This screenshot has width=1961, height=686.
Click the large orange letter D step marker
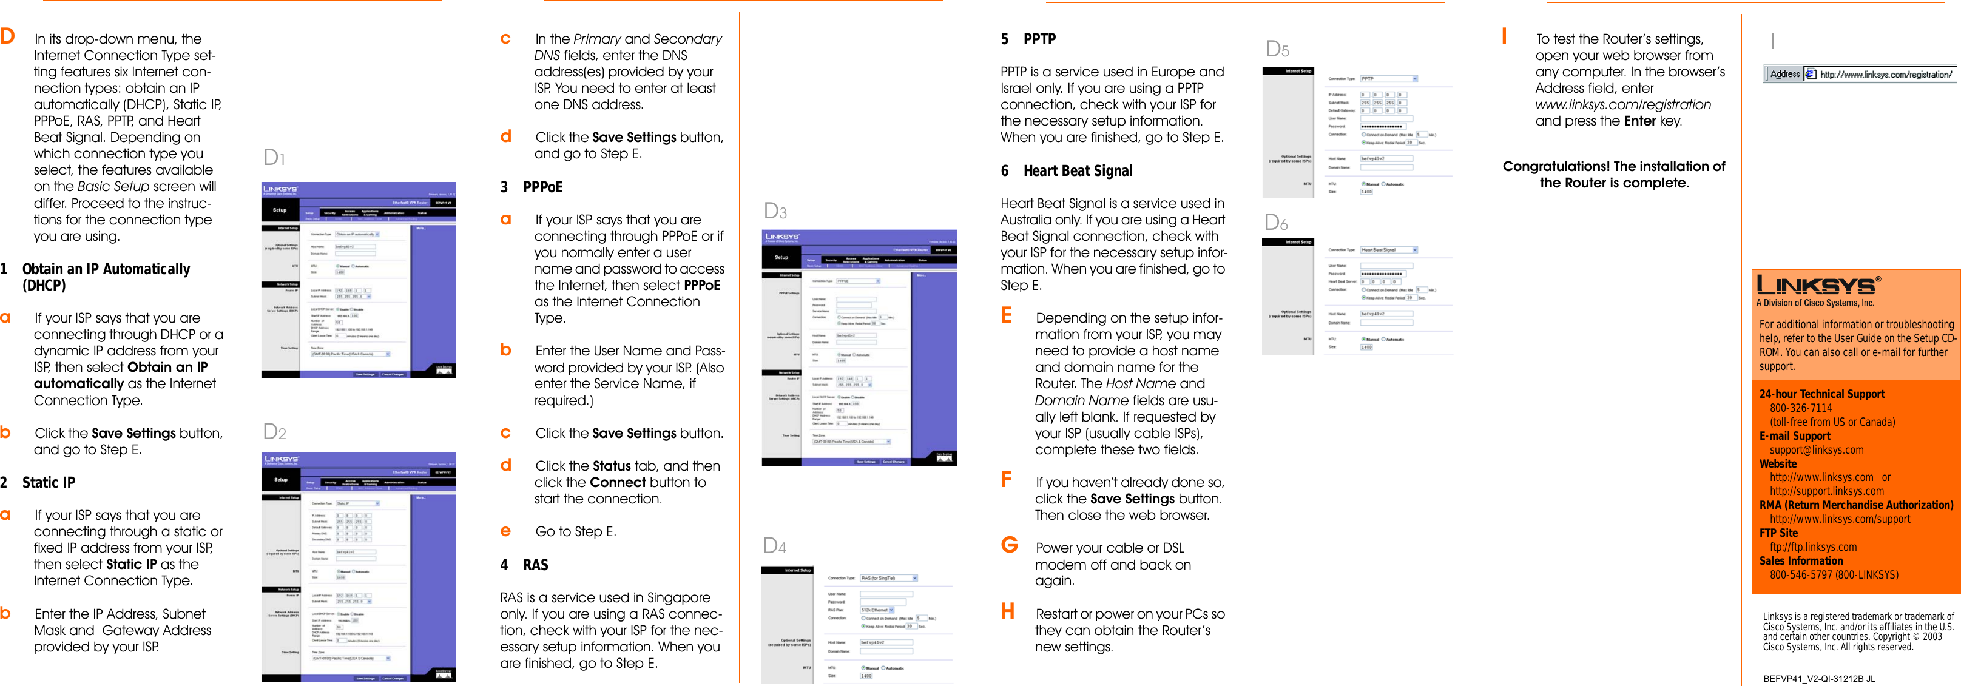click(8, 36)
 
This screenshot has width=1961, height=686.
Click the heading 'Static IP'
click(49, 483)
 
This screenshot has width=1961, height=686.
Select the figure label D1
click(274, 158)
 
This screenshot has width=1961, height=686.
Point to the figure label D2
click(275, 432)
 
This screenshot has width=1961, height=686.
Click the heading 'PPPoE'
click(543, 187)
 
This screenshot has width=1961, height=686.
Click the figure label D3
click(775, 212)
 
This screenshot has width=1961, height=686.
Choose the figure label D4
click(774, 546)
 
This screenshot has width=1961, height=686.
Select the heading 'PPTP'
click(1039, 39)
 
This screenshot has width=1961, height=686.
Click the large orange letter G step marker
click(1010, 545)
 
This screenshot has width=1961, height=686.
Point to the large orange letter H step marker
click(1008, 611)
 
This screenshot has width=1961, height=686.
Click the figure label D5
click(1277, 50)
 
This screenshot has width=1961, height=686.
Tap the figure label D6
click(1277, 223)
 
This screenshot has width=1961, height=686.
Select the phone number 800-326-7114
click(1800, 408)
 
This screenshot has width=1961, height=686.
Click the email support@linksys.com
click(1817, 450)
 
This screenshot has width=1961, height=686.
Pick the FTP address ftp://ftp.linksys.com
click(1812, 546)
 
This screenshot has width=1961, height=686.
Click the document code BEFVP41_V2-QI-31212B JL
click(1818, 678)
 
